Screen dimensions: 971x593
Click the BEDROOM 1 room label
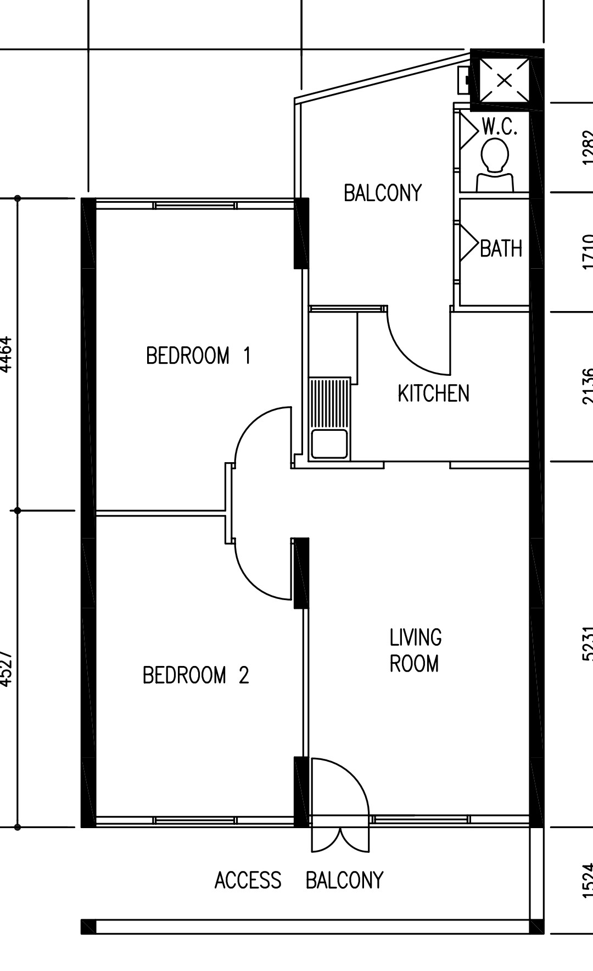(198, 356)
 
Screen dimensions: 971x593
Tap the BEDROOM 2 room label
(195, 675)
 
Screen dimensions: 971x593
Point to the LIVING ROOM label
(415, 651)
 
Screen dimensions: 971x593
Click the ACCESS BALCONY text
(299, 880)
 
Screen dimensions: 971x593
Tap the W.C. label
(500, 127)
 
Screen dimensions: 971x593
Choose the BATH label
(501, 248)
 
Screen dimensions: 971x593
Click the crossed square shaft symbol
(504, 80)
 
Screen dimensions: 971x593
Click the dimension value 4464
(6, 354)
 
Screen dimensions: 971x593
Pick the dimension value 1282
(586, 147)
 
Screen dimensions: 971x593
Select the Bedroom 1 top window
(195, 206)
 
